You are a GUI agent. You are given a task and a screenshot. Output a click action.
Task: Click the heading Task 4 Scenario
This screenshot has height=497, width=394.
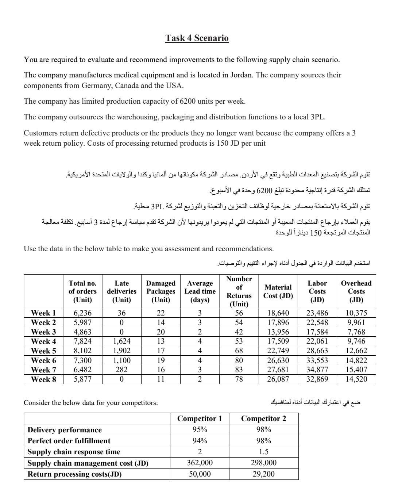197,38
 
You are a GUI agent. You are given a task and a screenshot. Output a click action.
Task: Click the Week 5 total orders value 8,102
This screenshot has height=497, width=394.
82,351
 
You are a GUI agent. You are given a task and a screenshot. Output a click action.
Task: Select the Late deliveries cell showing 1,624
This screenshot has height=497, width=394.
121,341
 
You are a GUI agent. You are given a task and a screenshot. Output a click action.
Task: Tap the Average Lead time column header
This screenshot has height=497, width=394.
200,291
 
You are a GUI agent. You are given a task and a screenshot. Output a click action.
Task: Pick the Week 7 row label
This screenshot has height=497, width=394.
43,370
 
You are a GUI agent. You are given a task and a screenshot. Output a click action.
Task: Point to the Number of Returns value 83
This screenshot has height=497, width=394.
239,370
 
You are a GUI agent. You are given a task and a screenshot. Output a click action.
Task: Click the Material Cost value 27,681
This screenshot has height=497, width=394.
278,370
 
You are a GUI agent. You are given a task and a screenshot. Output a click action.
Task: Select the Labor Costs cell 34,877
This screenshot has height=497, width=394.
317,370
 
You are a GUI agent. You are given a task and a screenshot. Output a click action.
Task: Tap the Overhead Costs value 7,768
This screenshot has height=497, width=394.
356,332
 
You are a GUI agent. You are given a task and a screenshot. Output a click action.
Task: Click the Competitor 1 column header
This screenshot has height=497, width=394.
200,418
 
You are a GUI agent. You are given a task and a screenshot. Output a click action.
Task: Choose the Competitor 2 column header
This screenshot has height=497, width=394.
263,418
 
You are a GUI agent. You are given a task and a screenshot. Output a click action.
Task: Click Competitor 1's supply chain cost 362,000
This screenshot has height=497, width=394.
200,463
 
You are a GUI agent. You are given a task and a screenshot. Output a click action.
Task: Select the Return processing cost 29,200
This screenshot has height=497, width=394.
263,474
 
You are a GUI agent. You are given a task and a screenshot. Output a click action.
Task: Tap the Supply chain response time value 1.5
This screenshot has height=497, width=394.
263,452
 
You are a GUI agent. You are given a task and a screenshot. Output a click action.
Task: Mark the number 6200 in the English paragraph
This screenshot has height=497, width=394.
188,102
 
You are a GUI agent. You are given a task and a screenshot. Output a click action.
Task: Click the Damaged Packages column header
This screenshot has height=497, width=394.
161,291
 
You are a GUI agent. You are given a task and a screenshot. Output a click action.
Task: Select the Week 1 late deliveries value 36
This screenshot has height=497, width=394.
121,313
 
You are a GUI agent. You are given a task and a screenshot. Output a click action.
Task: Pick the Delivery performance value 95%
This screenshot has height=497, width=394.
200,429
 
